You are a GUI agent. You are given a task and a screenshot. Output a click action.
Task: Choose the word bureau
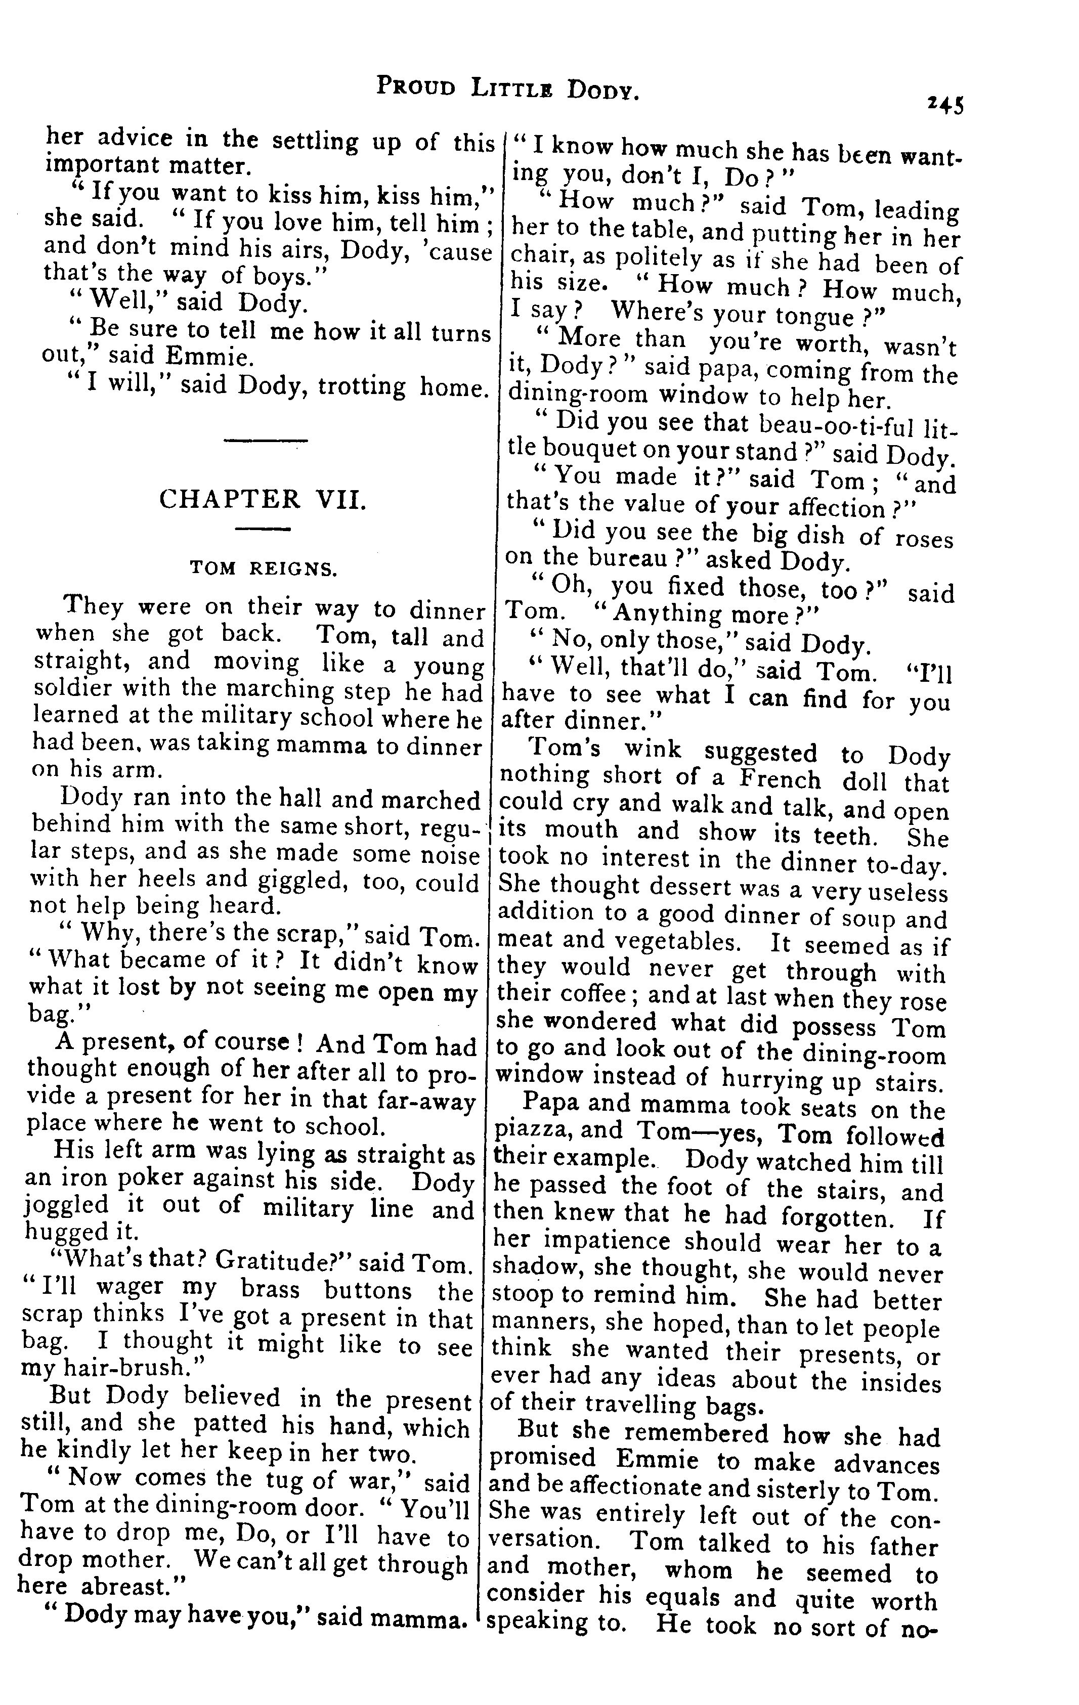point(624,559)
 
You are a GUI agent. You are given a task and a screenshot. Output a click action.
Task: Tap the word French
point(779,779)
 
